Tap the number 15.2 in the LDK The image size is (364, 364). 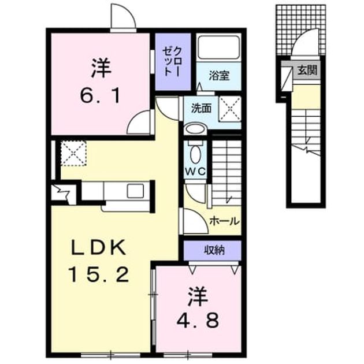tap(98, 274)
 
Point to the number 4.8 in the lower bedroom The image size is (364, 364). tap(198, 320)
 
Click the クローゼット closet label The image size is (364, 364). tap(173, 61)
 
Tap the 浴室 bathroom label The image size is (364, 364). tap(219, 76)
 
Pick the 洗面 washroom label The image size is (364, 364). tap(201, 109)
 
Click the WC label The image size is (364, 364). tap(195, 172)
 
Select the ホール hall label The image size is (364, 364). tap(224, 221)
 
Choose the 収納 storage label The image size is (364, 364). tap(214, 250)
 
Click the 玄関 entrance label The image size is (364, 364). tap(307, 70)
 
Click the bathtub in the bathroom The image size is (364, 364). tap(218, 47)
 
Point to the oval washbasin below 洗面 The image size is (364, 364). tap(195, 128)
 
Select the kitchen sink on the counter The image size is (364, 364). tap(135, 191)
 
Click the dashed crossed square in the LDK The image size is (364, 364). tap(73, 153)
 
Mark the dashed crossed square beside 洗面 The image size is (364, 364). tap(230, 109)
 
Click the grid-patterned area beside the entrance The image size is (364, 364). tap(301, 29)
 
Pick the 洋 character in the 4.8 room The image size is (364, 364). tap(198, 297)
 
